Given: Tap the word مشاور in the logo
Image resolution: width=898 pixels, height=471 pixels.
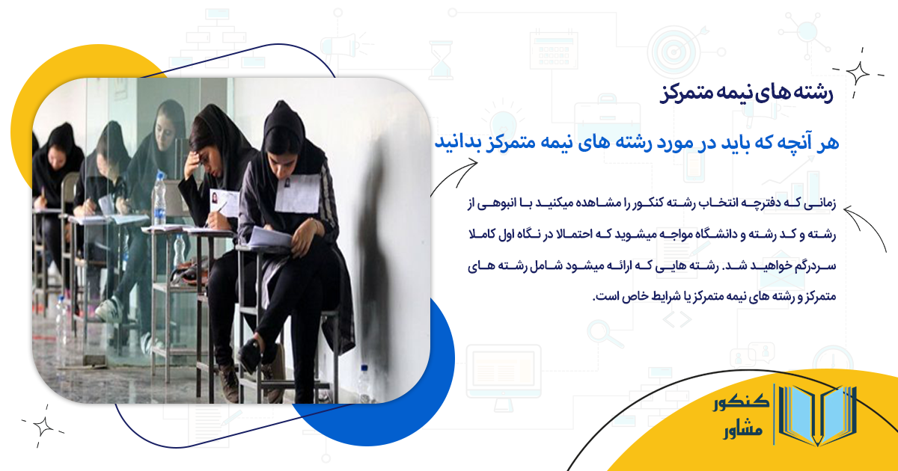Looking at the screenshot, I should pyautogui.click(x=743, y=431).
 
